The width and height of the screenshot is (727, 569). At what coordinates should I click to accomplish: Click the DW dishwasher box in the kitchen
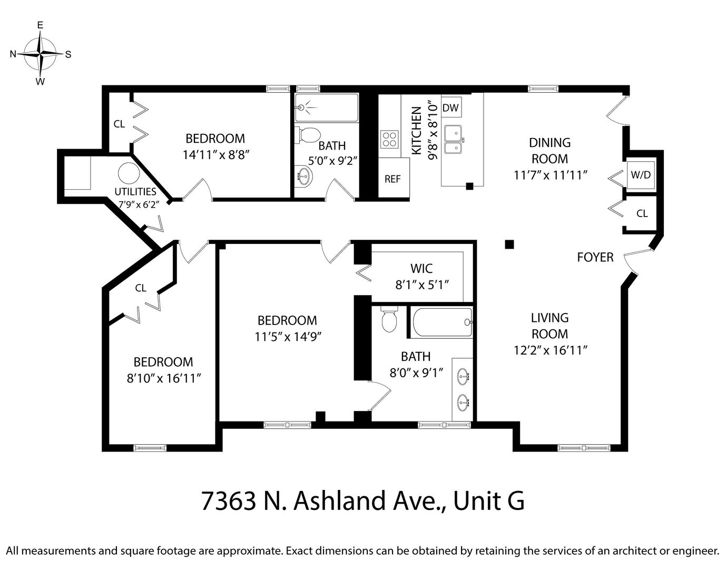[x=451, y=107]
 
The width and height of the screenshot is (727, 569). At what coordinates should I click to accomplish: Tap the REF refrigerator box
[x=394, y=178]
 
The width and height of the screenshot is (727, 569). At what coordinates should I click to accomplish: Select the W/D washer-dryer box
[x=641, y=175]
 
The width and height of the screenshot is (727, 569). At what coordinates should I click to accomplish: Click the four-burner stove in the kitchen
[x=390, y=139]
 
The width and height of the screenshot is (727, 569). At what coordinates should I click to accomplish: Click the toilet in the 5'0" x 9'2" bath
[x=307, y=135]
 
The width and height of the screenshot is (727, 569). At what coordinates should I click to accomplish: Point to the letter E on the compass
[x=40, y=25]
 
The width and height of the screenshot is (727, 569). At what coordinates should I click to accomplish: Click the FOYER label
[x=595, y=257]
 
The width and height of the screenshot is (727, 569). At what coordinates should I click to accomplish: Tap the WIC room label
[x=421, y=268]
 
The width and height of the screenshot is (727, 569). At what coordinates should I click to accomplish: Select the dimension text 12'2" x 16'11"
[x=551, y=350]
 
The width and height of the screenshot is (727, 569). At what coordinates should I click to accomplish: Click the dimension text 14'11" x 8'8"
[x=216, y=155]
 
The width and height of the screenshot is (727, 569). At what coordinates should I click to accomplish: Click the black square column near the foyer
[x=509, y=244]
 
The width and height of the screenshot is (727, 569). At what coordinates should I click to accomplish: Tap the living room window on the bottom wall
[x=584, y=448]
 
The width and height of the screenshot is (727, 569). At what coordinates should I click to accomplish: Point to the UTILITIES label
[x=135, y=192]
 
